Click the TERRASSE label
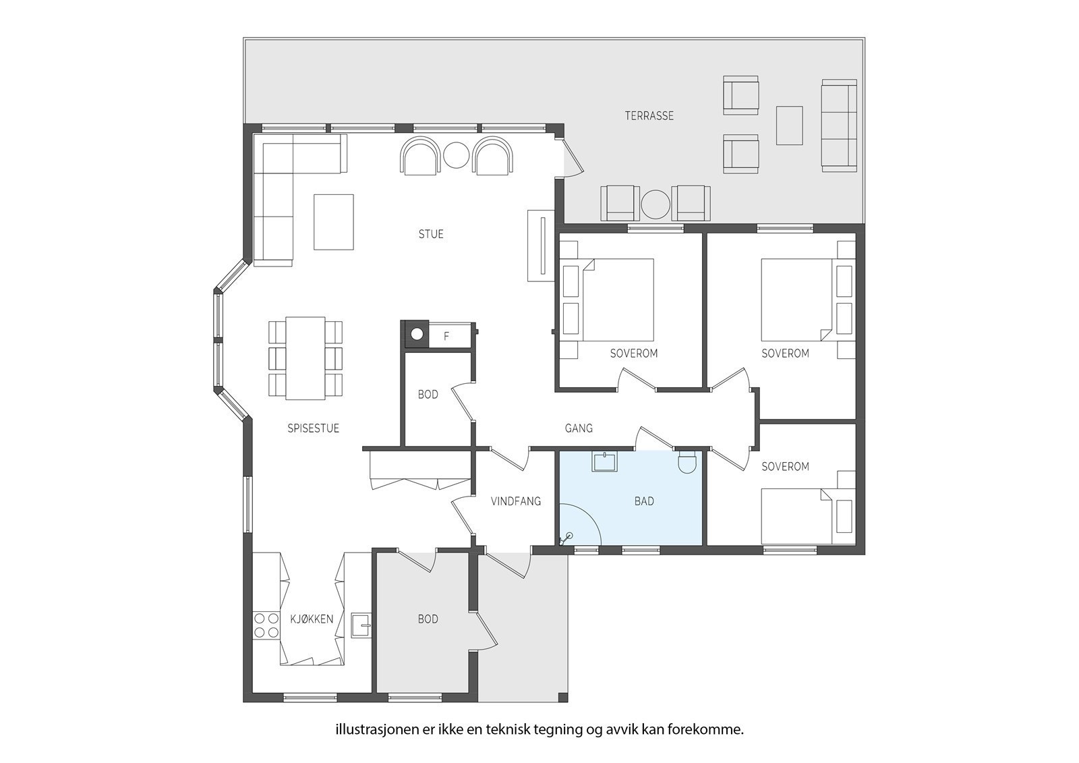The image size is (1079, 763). pos(649,115)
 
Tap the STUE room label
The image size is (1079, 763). pos(431,234)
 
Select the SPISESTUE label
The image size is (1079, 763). pos(313,428)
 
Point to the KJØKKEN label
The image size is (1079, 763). pos(312,619)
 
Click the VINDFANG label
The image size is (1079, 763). pos(515,501)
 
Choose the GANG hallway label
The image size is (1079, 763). pos(579,428)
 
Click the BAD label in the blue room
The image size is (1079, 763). pos(644,501)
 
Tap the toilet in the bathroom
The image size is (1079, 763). pos(687,461)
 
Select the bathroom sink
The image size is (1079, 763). pos(604,461)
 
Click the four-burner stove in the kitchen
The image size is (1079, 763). pos(266,625)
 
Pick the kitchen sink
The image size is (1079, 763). pos(361,625)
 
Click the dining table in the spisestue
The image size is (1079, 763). pos(305,358)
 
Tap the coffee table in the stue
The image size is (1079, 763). pos(334,222)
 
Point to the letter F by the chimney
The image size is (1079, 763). pos(446,337)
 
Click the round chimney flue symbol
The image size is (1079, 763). pos(417,333)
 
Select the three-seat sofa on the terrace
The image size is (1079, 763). pos(839,125)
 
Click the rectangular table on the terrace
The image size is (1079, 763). pos(790,125)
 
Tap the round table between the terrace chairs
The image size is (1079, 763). pos(655,204)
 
